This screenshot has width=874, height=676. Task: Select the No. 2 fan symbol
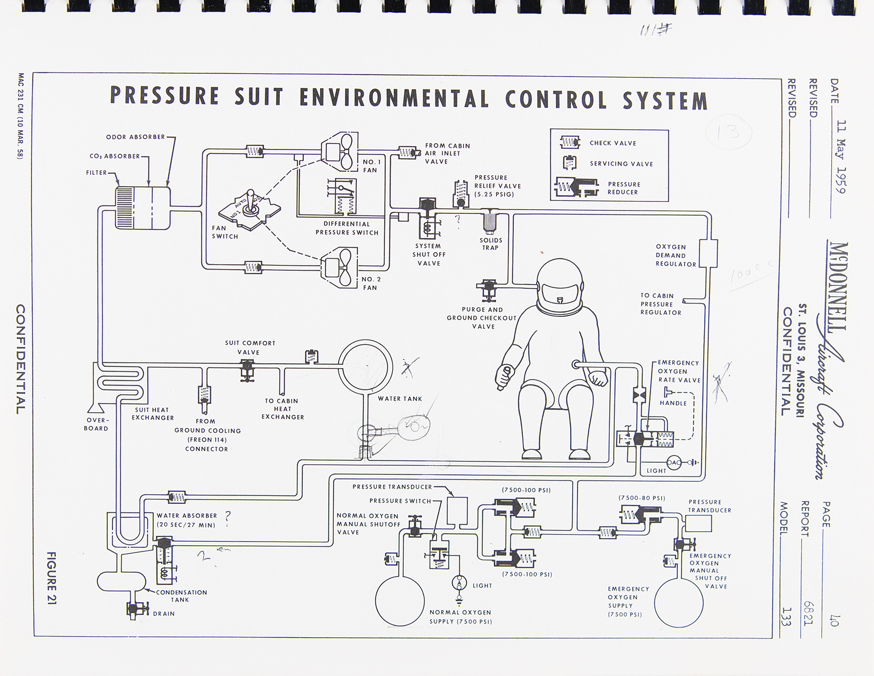(339, 267)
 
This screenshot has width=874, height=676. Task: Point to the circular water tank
(365, 366)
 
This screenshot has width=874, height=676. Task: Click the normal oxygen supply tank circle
(399, 600)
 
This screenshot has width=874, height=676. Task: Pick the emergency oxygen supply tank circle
(678, 604)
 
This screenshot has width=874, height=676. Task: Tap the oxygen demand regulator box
(708, 253)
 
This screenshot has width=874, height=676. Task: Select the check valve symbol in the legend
(570, 142)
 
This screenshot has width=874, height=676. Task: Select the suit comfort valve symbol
(248, 370)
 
